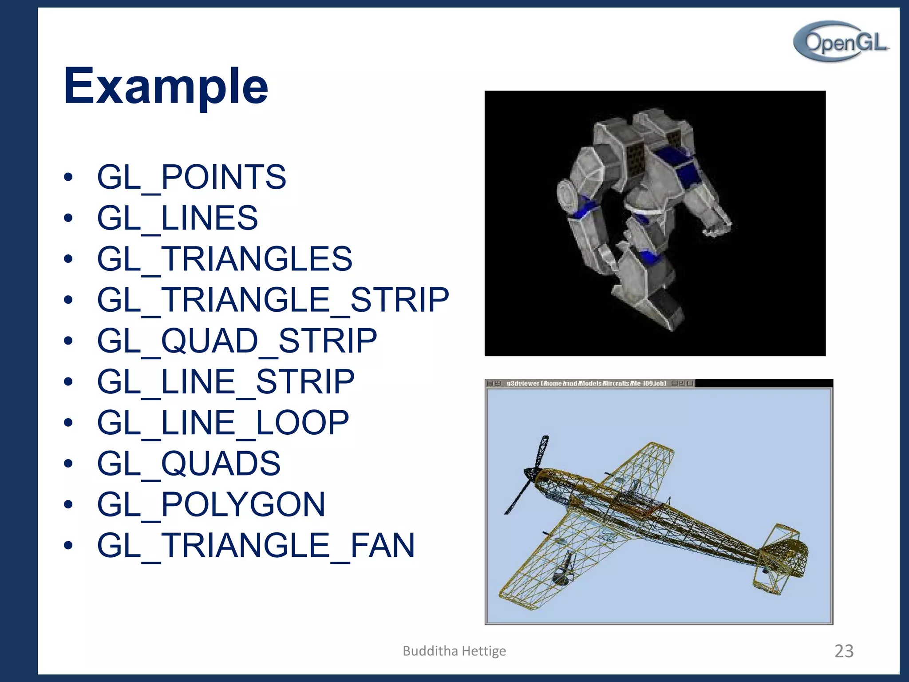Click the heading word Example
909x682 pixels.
(x=166, y=86)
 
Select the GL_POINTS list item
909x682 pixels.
(x=191, y=177)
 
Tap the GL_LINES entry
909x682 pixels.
(x=177, y=218)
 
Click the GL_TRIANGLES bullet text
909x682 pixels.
(x=224, y=259)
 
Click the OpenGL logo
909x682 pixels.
(x=842, y=42)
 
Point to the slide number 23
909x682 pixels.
(x=844, y=651)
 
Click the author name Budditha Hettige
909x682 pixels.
(x=454, y=651)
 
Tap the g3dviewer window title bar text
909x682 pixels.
(x=586, y=383)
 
